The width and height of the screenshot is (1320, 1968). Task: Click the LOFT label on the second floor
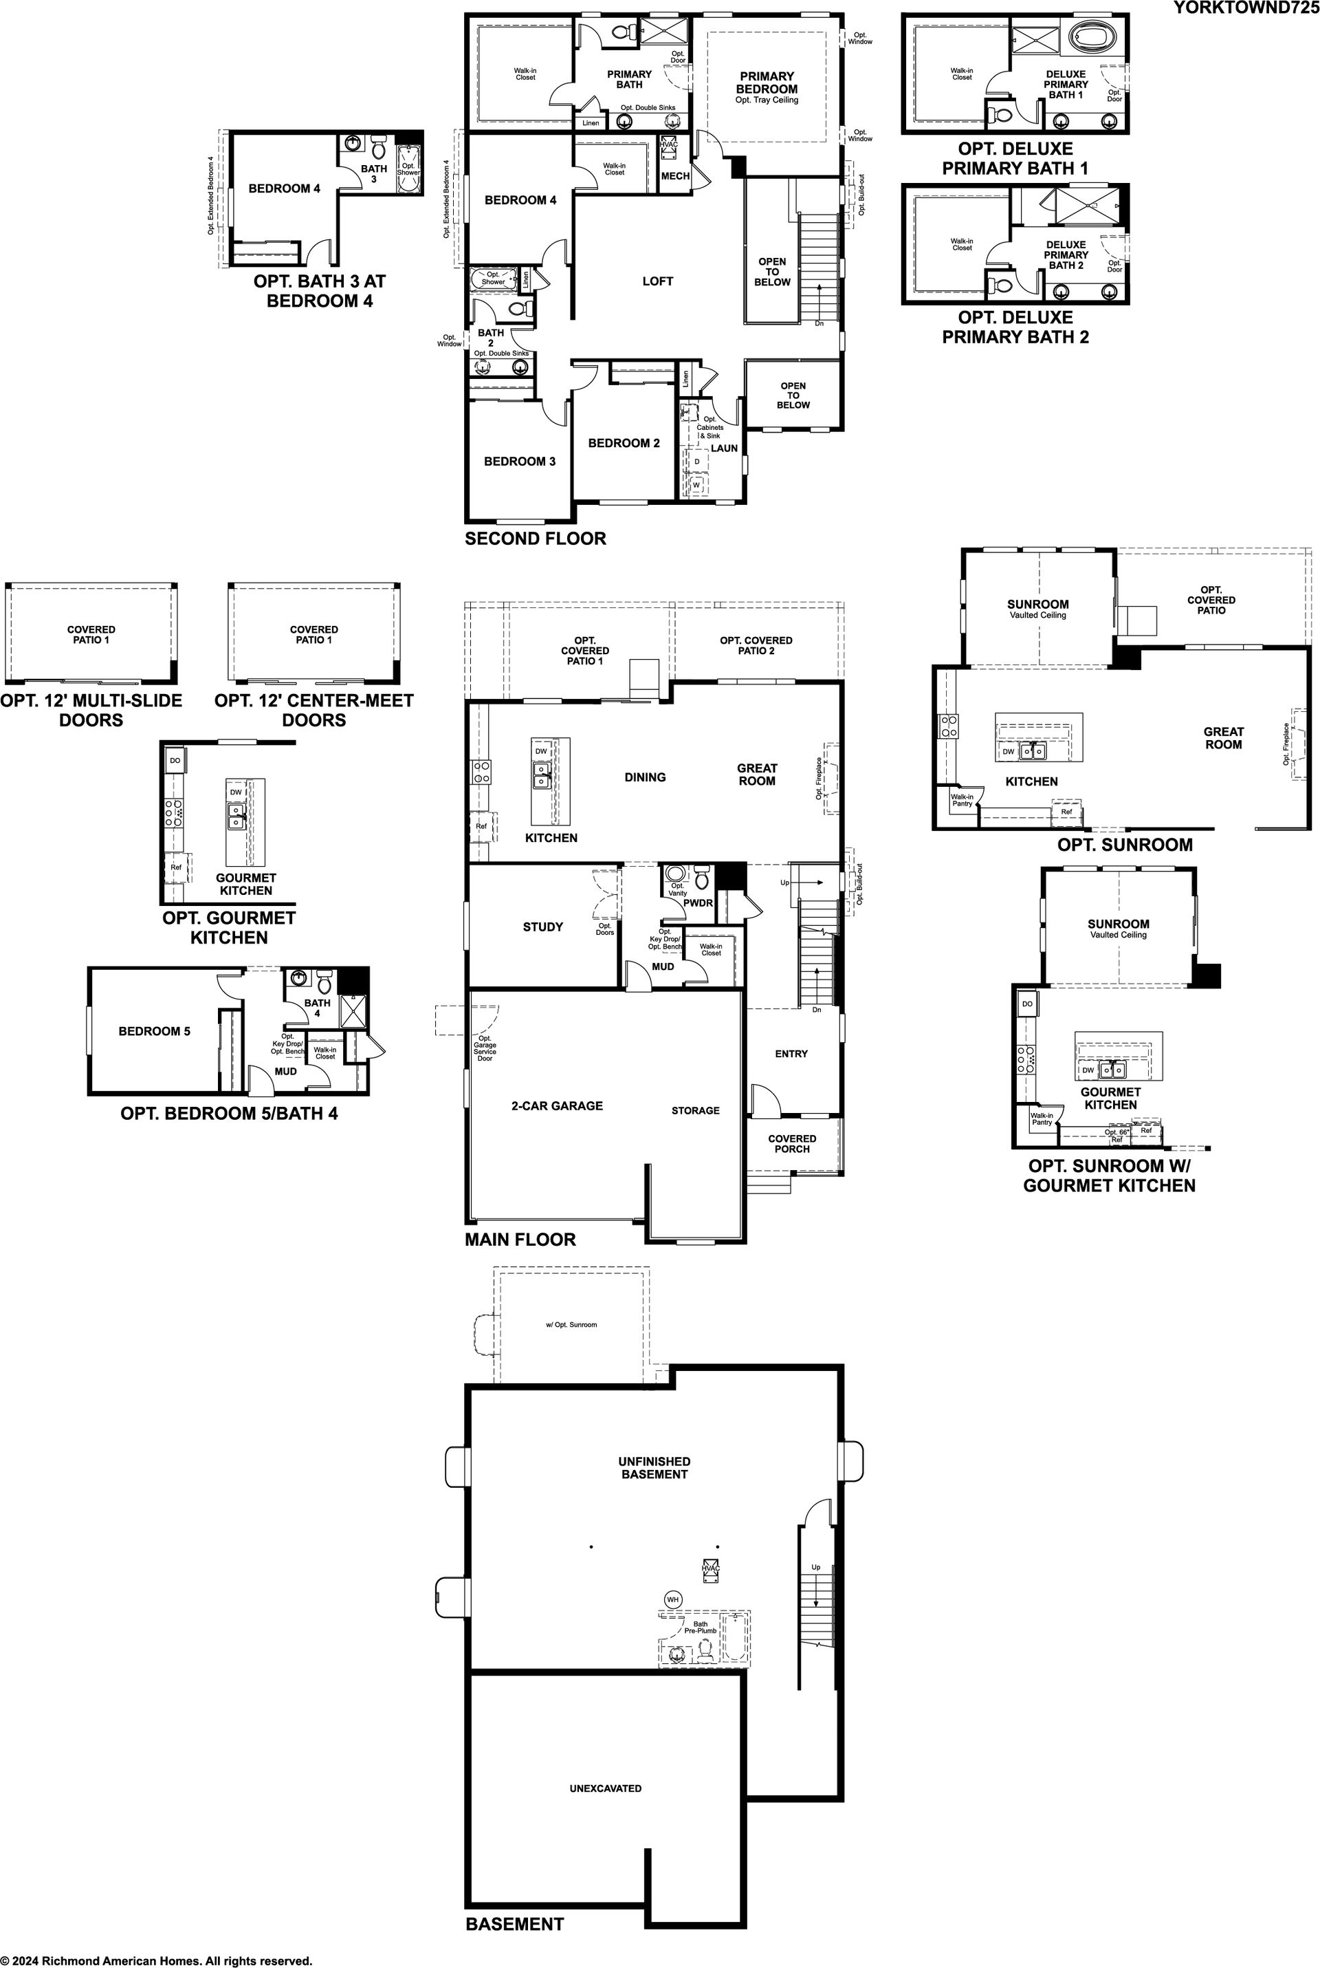pyautogui.click(x=657, y=281)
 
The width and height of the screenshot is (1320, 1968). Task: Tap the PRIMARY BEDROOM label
pyautogui.click(x=767, y=83)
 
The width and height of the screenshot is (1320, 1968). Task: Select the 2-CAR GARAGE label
pyautogui.click(x=558, y=1105)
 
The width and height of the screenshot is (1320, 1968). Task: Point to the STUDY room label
pyautogui.click(x=543, y=927)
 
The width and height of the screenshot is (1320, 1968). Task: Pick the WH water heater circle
pyautogui.click(x=672, y=1599)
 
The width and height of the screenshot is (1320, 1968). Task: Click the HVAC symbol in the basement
pyautogui.click(x=710, y=1568)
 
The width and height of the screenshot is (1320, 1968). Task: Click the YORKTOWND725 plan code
pyautogui.click(x=1246, y=8)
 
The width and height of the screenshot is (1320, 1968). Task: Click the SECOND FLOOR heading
pyautogui.click(x=536, y=538)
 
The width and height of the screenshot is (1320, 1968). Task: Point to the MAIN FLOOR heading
pyautogui.click(x=520, y=1240)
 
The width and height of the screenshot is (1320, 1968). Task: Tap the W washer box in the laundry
pyautogui.click(x=696, y=486)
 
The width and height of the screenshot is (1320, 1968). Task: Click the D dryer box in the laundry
pyautogui.click(x=697, y=462)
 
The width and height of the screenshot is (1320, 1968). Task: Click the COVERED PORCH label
pyautogui.click(x=792, y=1143)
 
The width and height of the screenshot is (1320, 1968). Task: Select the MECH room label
pyautogui.click(x=675, y=176)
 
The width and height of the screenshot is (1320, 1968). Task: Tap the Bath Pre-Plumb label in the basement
pyautogui.click(x=701, y=1627)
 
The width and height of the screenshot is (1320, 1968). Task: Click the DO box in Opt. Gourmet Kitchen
pyautogui.click(x=175, y=760)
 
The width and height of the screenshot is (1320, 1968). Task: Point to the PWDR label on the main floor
pyautogui.click(x=698, y=902)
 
